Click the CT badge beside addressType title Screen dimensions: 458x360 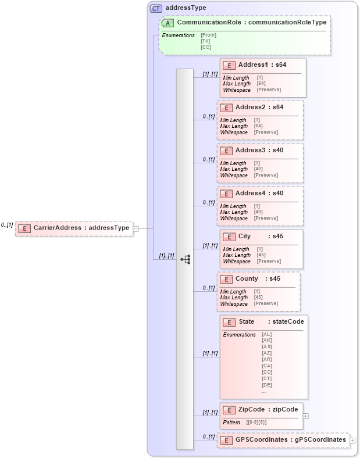point(156,8)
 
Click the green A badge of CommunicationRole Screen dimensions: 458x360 point(168,23)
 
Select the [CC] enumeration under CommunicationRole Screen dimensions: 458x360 point(206,47)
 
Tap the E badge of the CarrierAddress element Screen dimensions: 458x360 point(24,228)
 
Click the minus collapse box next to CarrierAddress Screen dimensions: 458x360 point(136,228)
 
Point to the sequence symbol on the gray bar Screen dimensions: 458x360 point(185,259)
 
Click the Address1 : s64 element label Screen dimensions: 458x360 point(261,65)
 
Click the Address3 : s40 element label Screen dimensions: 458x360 point(259,151)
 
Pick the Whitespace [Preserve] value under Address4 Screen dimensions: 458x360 point(266,218)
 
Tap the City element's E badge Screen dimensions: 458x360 point(229,237)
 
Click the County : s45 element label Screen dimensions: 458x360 point(257,279)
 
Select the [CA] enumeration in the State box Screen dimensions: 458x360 point(267,366)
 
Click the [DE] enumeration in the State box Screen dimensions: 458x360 point(267,385)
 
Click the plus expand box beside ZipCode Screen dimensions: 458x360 point(306,416)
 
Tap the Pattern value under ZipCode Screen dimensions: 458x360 point(256,423)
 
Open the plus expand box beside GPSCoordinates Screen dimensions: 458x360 point(352,441)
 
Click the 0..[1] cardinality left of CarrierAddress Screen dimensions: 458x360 point(7,225)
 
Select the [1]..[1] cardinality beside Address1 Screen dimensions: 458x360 point(209,74)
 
